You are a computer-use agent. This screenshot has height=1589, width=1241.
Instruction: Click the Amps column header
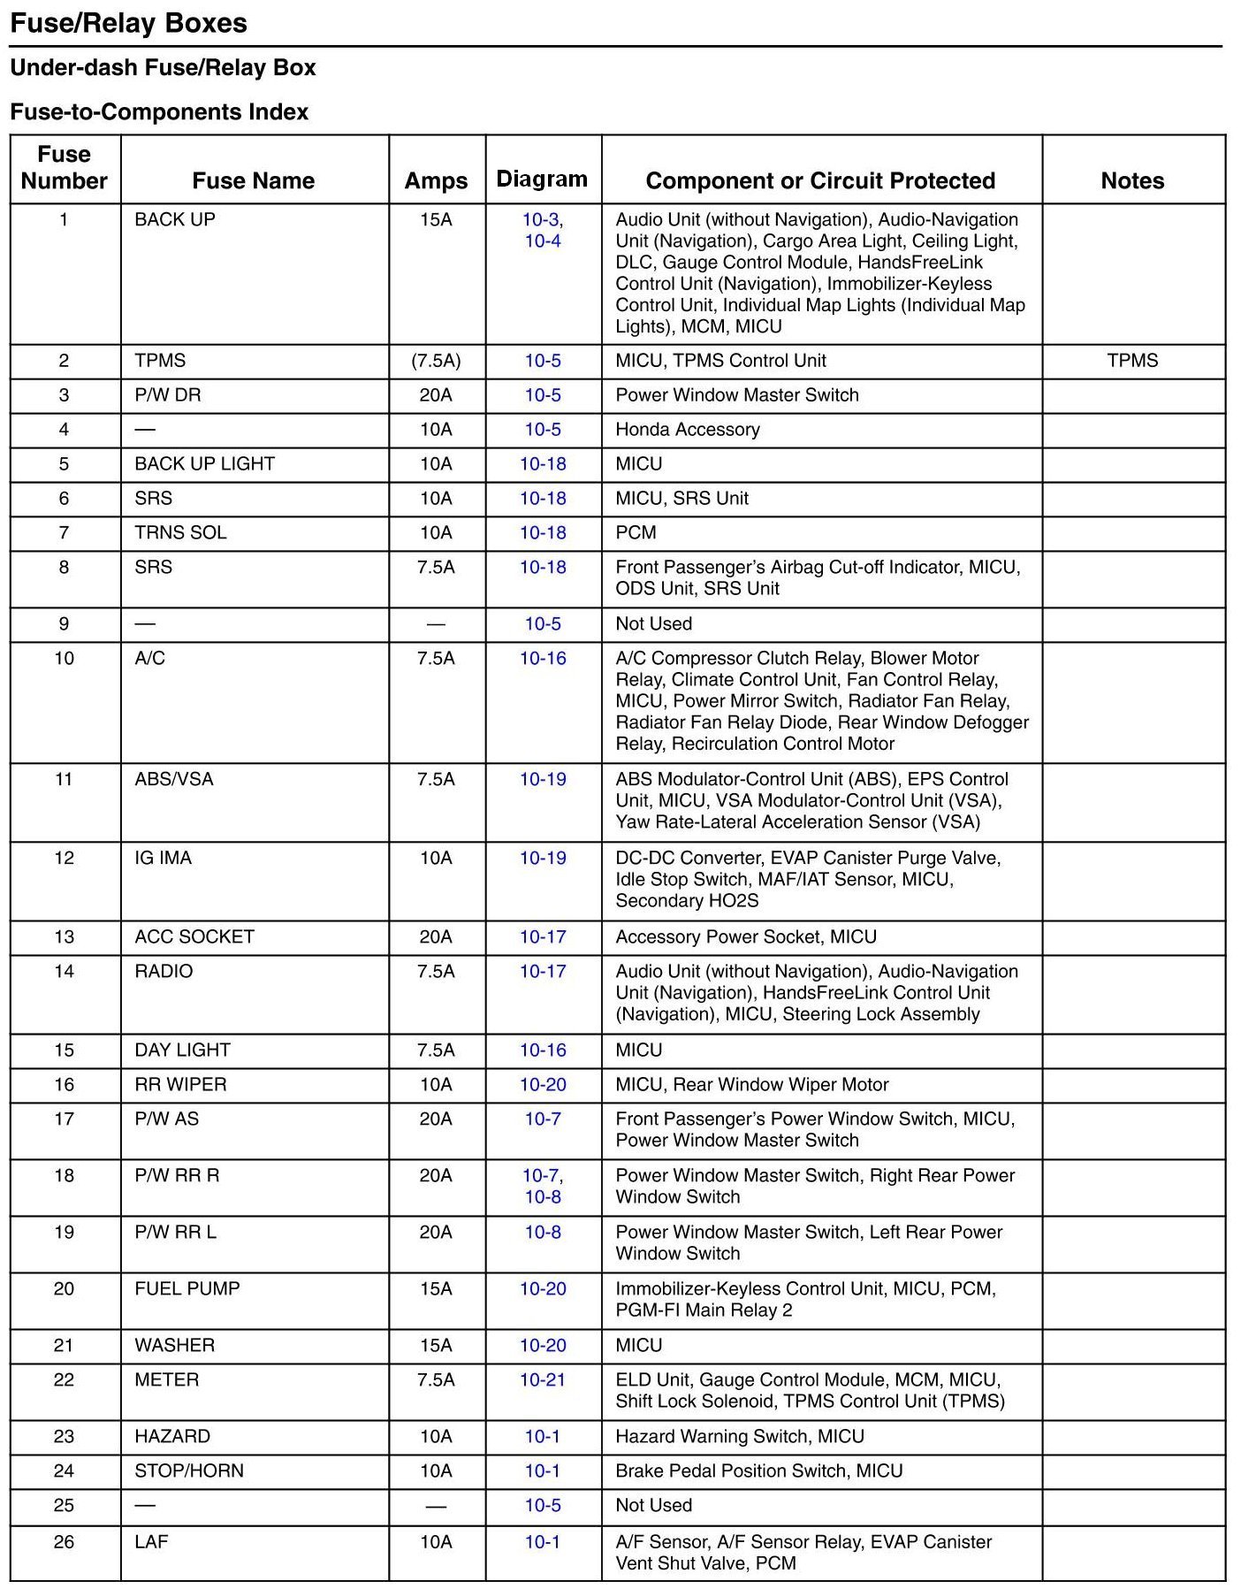pos(436,181)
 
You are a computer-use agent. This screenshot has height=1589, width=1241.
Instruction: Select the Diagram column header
pos(542,180)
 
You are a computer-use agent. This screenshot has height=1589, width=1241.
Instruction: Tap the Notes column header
pos(1132,181)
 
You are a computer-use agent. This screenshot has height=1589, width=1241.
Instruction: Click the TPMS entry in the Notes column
pos(1132,361)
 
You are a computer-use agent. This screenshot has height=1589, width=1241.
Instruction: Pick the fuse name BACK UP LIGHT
pos(204,464)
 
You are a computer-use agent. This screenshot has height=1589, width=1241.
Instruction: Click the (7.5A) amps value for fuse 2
pos(436,361)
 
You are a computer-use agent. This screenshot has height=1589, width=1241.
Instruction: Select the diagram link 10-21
pos(543,1380)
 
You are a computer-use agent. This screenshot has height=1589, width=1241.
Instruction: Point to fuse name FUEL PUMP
pos(187,1289)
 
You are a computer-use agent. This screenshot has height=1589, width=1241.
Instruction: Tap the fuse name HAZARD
pos(172,1437)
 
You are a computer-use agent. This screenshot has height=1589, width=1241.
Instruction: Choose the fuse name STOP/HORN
pos(189,1471)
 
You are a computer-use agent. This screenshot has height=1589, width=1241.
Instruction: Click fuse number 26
pos(64,1542)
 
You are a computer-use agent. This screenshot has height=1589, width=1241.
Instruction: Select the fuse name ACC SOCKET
pos(194,937)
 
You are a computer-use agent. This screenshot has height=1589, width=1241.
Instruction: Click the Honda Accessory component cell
pos(688,430)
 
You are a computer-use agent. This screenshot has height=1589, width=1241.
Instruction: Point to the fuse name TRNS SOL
pos(180,533)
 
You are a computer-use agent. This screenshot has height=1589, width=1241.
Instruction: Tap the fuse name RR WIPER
pos(180,1085)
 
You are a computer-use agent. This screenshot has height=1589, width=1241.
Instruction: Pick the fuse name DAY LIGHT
pos(182,1050)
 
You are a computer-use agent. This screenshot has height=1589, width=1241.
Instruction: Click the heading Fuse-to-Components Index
pos(159,112)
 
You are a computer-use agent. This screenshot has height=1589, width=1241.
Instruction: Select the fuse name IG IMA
pos(163,859)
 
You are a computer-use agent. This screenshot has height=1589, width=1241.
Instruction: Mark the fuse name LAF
pos(151,1542)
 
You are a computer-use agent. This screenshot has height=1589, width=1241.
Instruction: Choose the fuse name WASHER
pos(174,1346)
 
